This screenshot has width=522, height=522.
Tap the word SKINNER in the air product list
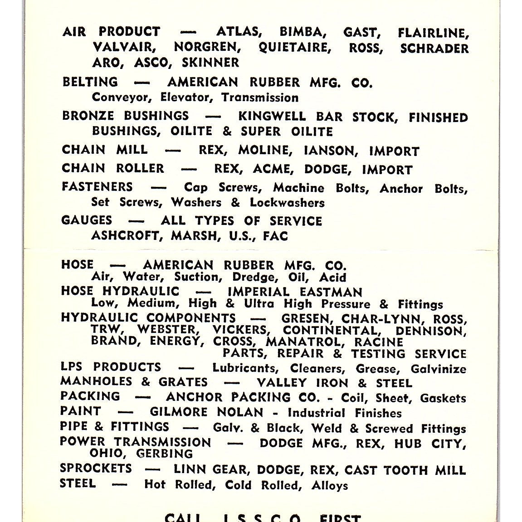pos(210,62)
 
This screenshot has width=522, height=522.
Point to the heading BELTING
pos(90,82)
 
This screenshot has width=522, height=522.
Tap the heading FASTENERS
pos(97,187)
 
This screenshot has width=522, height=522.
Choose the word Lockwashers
pos(287,202)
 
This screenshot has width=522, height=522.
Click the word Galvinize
pos(438,369)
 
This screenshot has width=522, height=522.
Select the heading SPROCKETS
pos(96,468)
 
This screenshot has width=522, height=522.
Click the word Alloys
pos(330,485)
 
